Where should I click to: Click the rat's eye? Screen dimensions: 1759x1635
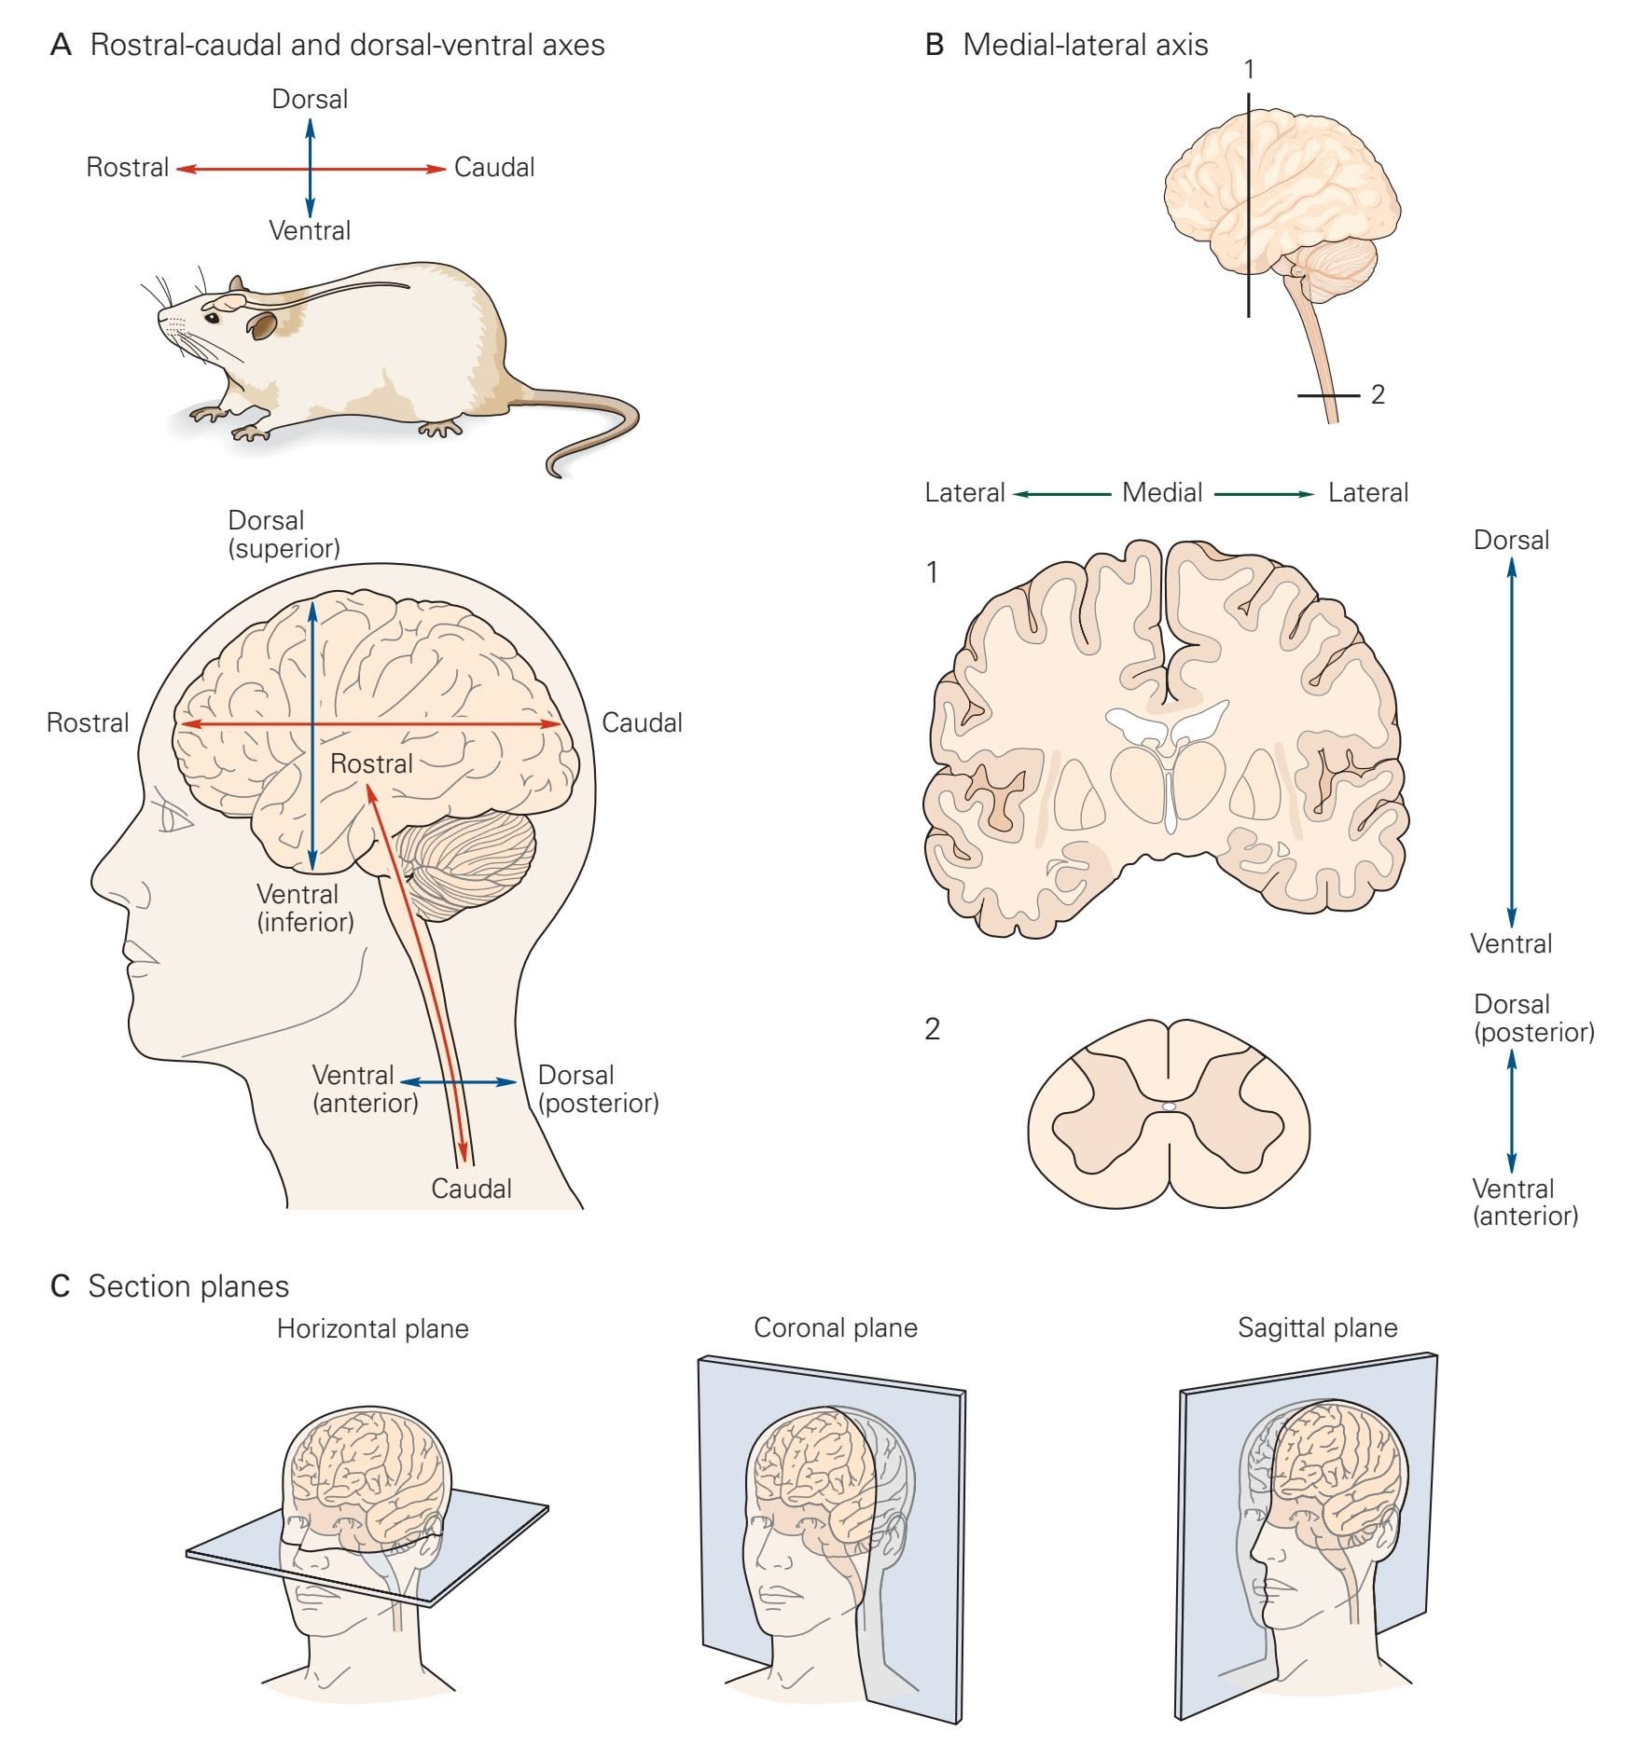213,318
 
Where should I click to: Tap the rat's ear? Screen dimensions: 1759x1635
263,325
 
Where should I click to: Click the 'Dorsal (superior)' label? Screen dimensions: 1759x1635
284,534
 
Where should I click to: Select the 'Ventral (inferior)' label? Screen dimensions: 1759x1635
305,908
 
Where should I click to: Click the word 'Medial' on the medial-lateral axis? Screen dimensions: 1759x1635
1161,492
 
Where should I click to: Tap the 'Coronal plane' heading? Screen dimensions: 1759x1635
835,1327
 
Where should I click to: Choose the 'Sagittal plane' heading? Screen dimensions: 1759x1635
1317,1327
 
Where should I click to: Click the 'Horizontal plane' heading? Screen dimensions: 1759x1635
372,1328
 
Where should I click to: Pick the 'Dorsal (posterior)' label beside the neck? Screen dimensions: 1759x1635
598,1089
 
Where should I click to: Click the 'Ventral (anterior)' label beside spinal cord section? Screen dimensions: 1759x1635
1525,1202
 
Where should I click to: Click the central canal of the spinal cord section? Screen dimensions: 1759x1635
1169,1107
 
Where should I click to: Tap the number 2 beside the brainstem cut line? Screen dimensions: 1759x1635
1378,394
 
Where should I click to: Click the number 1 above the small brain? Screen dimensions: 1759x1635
1249,69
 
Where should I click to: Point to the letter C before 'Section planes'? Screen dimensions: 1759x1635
61,1286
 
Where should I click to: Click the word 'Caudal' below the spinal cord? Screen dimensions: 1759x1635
471,1189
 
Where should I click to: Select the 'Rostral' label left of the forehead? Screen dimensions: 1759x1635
88,722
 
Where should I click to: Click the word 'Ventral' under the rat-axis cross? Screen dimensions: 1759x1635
310,230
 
